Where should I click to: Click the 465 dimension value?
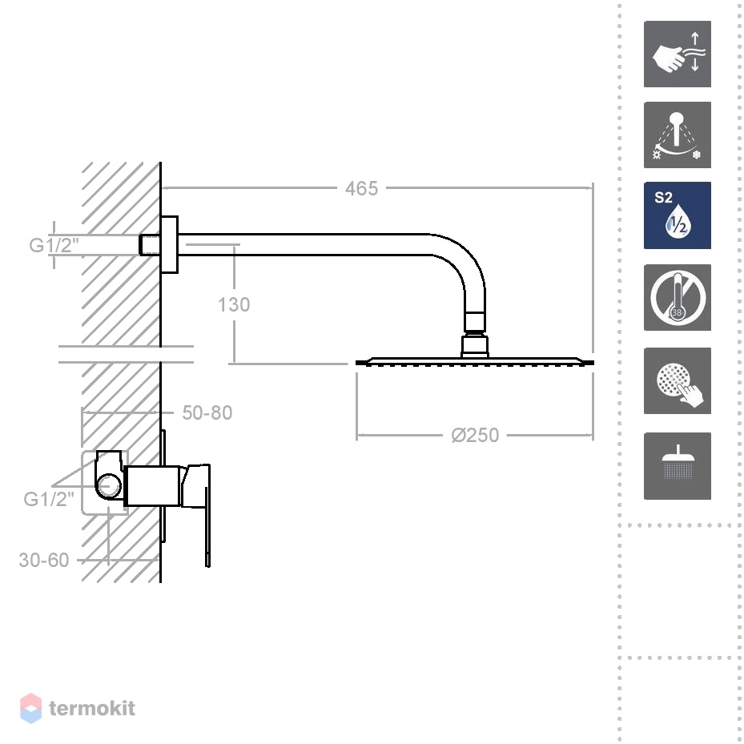point(361,188)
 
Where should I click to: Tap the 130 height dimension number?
point(233,304)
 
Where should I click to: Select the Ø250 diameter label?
point(475,435)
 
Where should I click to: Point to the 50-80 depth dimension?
point(207,412)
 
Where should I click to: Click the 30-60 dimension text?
point(44,561)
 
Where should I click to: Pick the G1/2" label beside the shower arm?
point(54,245)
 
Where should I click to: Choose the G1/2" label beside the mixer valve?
point(49,499)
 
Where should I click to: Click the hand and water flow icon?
point(677,54)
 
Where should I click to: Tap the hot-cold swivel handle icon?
point(677,135)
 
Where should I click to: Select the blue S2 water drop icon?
point(677,215)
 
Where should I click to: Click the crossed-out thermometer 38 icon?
point(677,297)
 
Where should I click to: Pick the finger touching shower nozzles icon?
point(677,380)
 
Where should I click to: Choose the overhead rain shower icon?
point(677,466)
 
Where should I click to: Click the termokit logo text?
point(92,709)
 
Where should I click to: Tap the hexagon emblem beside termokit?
point(31,709)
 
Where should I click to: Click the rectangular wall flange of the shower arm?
point(170,245)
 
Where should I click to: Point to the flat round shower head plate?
point(474,362)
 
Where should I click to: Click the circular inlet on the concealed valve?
point(109,486)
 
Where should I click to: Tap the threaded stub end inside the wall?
point(150,245)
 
